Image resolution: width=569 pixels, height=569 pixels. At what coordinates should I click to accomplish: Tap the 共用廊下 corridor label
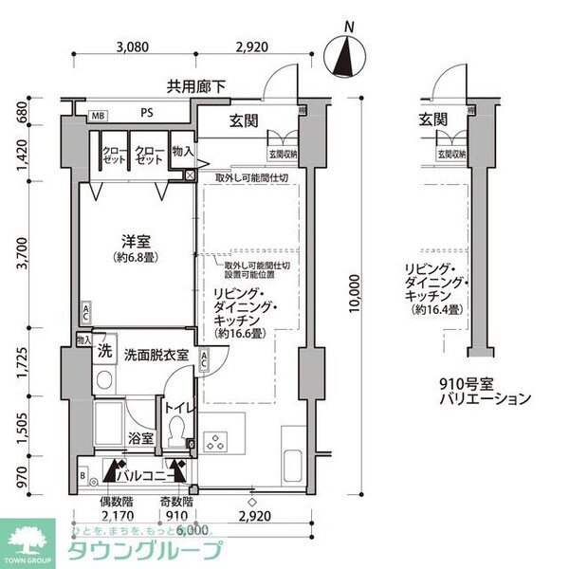pyautogui.click(x=196, y=86)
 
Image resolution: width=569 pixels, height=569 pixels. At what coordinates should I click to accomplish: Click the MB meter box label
pyautogui.click(x=97, y=116)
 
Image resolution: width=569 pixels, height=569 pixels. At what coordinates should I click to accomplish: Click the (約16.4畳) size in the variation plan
pyautogui.click(x=437, y=310)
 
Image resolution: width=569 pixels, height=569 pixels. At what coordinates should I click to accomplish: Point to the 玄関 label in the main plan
pyautogui.click(x=246, y=119)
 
